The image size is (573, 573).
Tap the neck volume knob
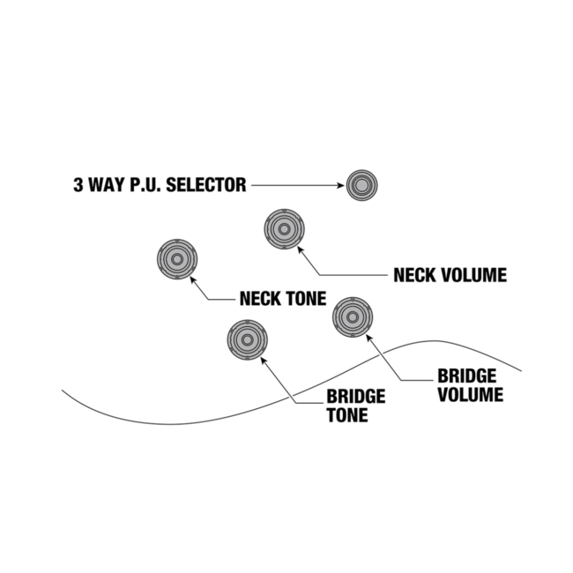click(x=284, y=230)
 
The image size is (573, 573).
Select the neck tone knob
click(x=176, y=260)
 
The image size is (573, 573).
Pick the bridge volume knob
click(x=353, y=316)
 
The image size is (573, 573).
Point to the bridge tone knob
click(x=247, y=339)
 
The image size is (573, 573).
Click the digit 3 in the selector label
click(x=78, y=185)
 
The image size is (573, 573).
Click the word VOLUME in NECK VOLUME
click(x=472, y=275)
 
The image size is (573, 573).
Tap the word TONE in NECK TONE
click(x=302, y=298)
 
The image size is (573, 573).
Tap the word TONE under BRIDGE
click(x=347, y=414)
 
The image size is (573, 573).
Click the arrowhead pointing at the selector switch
click(x=340, y=185)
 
